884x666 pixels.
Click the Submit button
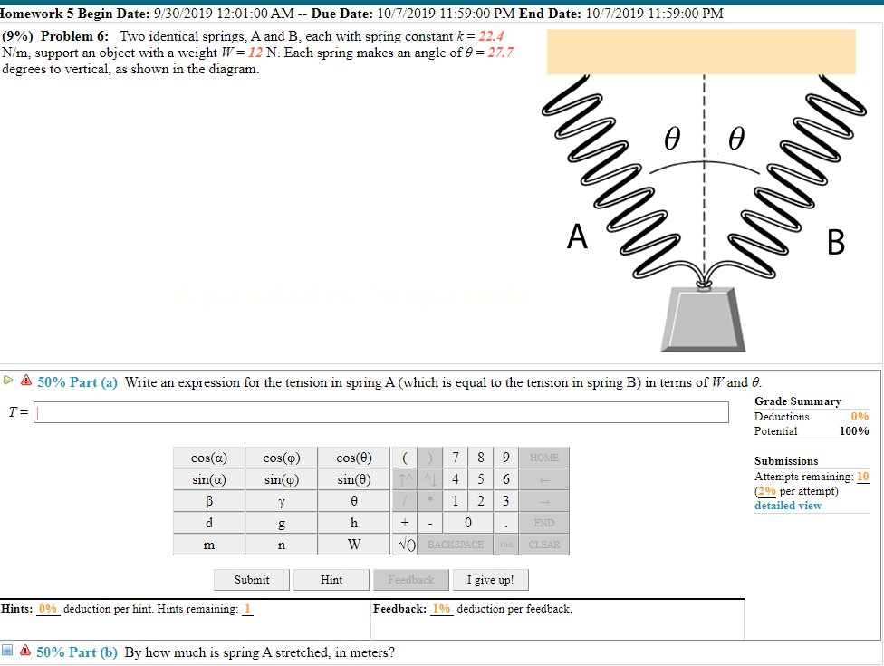coord(252,580)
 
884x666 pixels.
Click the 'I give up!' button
coord(490,580)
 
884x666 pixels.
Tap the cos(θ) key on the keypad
coord(353,458)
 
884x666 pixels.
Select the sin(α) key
coord(208,479)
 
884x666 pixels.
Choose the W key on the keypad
coord(353,545)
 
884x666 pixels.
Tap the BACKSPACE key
coord(456,545)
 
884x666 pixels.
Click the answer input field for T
coord(381,412)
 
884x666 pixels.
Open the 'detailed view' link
coord(787,506)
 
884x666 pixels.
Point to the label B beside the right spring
coord(835,243)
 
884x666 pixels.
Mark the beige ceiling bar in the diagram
coord(702,52)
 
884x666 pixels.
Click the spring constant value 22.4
coord(492,36)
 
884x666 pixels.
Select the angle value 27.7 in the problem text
coord(500,53)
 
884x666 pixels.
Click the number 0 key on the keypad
coord(466,523)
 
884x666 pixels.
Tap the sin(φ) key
coord(281,479)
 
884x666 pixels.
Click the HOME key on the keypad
coord(544,458)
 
